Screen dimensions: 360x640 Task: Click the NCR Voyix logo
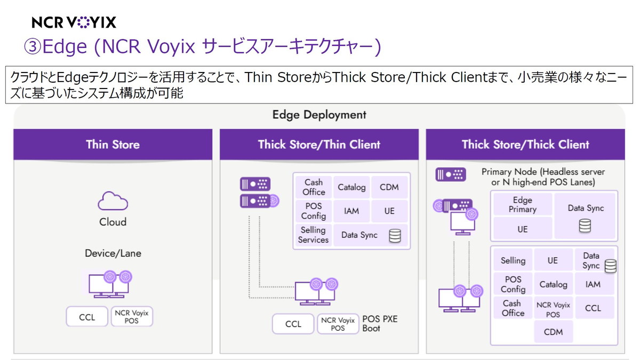pos(74,22)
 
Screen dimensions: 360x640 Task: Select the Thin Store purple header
pos(113,145)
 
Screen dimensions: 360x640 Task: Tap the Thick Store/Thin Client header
pos(319,145)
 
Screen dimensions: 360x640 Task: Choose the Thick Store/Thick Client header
pos(525,145)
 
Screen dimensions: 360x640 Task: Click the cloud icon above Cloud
pos(113,202)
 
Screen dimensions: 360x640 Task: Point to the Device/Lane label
pos(113,253)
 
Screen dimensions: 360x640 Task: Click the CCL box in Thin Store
pos(87,317)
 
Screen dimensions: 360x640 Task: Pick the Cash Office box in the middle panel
pos(314,187)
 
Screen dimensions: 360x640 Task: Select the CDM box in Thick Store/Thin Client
pos(389,187)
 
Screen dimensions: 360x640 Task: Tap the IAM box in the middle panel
pos(351,211)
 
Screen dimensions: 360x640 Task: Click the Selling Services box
pos(313,235)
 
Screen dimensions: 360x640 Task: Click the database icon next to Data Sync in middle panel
pos(395,235)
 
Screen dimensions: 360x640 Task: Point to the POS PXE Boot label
pos(380,324)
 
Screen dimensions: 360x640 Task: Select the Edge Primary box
pos(522,205)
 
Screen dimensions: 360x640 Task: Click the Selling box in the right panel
pos(513,261)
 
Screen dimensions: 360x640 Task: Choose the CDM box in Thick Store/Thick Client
pos(553,332)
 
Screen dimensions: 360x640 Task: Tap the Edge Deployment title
pos(319,115)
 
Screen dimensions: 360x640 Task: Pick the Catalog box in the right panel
pos(553,284)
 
